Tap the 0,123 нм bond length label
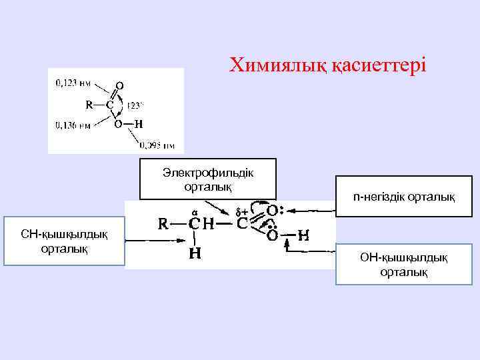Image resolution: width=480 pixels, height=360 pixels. pyautogui.click(x=73, y=83)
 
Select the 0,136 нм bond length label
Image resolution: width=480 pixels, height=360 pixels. pyautogui.click(x=73, y=125)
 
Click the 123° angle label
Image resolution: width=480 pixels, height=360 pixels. pyautogui.click(x=135, y=105)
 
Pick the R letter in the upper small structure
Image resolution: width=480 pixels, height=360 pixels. pyautogui.click(x=89, y=105)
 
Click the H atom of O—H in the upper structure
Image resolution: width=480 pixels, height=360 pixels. pyautogui.click(x=138, y=124)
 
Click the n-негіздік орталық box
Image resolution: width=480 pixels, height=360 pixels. pyautogui.click(x=404, y=197)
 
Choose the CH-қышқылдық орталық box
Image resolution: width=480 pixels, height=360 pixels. pyautogui.click(x=65, y=241)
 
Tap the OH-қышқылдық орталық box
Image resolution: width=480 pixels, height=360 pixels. pyautogui.click(x=403, y=264)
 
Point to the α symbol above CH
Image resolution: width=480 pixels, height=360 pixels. pyautogui.click(x=194, y=213)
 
